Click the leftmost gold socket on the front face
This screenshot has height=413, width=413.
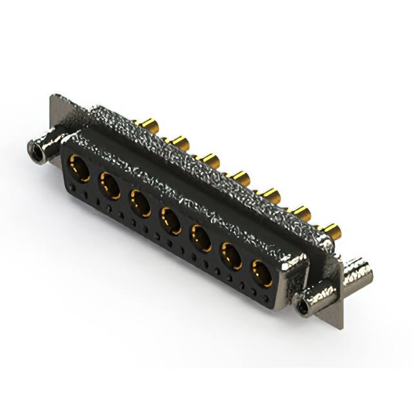[79, 168]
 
